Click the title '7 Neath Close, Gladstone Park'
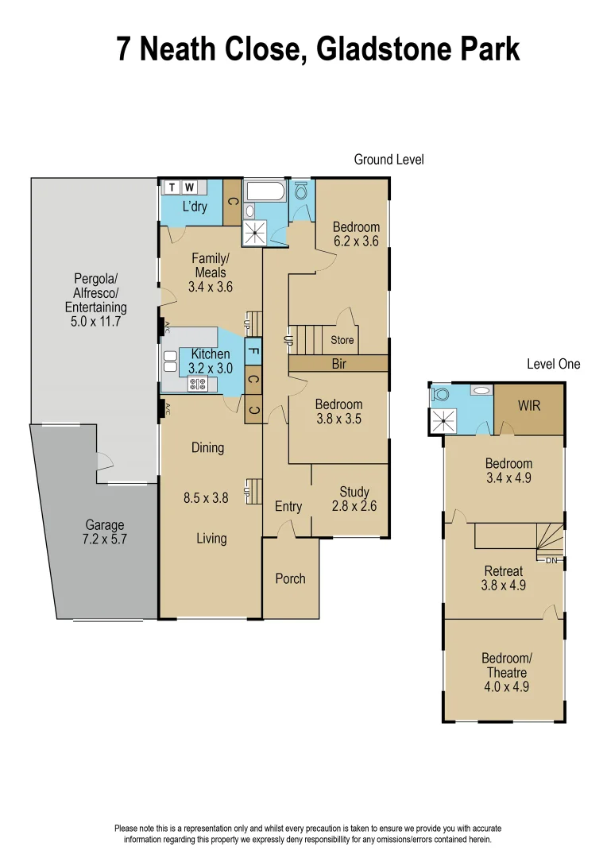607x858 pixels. [x=319, y=49]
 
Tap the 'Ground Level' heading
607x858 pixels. [x=389, y=160]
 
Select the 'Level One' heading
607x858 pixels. [x=553, y=364]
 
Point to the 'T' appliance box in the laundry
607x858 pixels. [x=172, y=187]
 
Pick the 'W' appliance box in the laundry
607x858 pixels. [x=189, y=187]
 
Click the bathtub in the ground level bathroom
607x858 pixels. [x=267, y=191]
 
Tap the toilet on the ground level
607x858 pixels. [x=302, y=191]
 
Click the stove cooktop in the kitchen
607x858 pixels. [x=198, y=385]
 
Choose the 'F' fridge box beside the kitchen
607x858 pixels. [x=253, y=348]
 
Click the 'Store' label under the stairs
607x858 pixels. [x=343, y=340]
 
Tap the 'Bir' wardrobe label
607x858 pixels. [x=339, y=363]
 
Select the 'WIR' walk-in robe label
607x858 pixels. [x=529, y=405]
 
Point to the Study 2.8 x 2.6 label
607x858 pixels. [x=354, y=499]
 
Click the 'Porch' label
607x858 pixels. [x=290, y=578]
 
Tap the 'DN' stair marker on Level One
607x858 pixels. [x=552, y=561]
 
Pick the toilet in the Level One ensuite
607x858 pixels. [x=440, y=393]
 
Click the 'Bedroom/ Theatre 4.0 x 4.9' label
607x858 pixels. [x=505, y=672]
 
